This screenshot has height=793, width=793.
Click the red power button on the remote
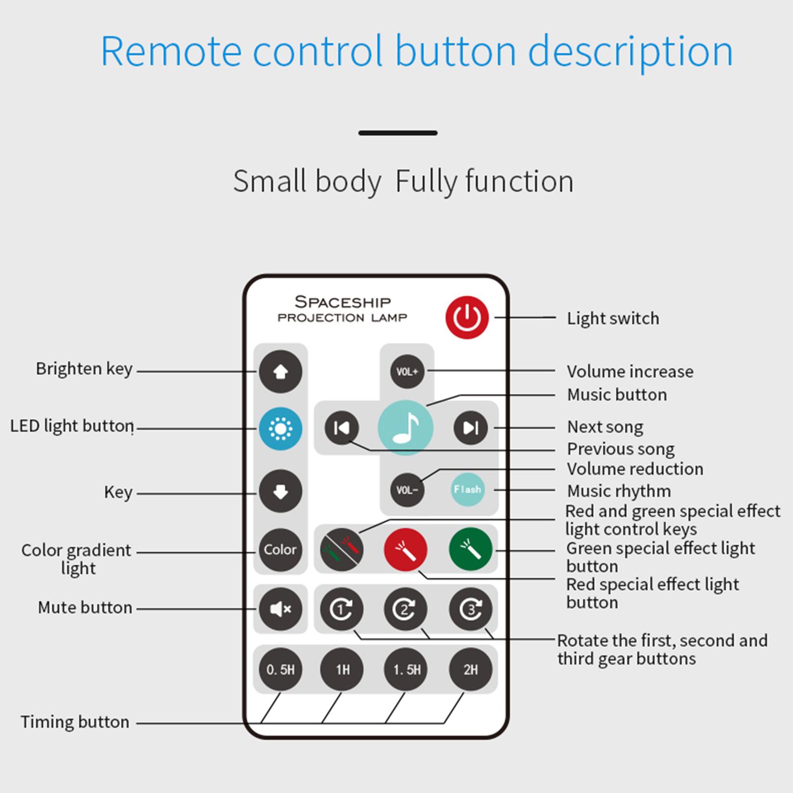click(x=467, y=318)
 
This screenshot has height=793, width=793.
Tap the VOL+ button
click(x=407, y=371)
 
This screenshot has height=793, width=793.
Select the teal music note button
click(x=405, y=428)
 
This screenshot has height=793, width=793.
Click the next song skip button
click(x=470, y=428)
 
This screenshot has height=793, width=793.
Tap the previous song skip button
click(x=341, y=428)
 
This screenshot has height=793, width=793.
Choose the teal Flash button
click(x=467, y=490)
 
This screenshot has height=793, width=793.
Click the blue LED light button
click(x=281, y=429)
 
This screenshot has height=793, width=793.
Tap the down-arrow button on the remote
click(x=281, y=491)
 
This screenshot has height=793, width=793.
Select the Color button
click(x=281, y=550)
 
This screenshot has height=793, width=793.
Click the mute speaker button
click(x=281, y=609)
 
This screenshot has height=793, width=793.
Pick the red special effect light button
click(x=405, y=550)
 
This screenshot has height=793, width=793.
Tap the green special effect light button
click(x=470, y=549)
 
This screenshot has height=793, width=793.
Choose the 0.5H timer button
click(x=281, y=670)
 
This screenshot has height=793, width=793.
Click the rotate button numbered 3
click(x=470, y=609)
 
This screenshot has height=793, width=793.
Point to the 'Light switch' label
click(x=613, y=318)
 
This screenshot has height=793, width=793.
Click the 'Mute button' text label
click(x=85, y=608)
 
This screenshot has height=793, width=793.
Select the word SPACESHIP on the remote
click(x=343, y=302)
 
